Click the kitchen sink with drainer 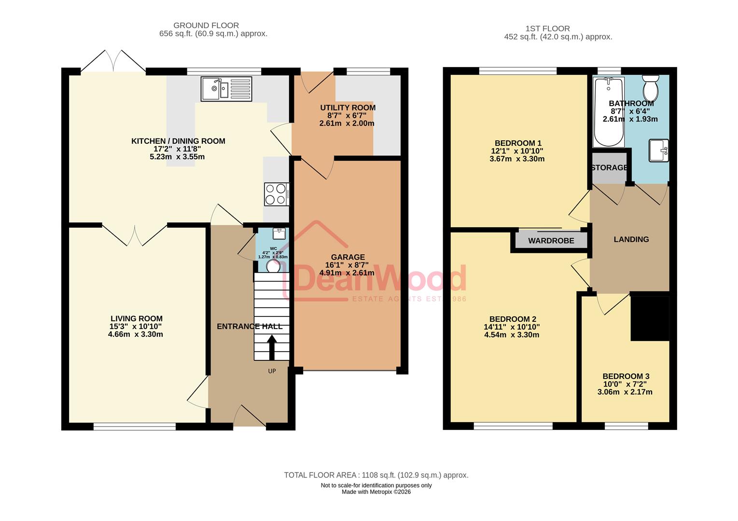tap(226, 89)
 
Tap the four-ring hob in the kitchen tap(276, 194)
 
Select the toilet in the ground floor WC tap(273, 266)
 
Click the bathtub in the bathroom tap(609, 112)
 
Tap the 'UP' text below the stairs tap(272, 371)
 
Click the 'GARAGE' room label tap(348, 257)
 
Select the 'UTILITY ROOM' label tap(348, 108)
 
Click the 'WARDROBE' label tap(551, 241)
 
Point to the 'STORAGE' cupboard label tap(609, 168)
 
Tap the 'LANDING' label tap(631, 239)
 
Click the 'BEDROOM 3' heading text tap(626, 376)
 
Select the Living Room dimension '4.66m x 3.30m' tap(135, 334)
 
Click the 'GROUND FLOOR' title tap(206, 26)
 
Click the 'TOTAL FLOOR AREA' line tap(376, 475)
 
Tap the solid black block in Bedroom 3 tap(650, 318)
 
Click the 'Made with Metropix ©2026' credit tap(376, 492)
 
